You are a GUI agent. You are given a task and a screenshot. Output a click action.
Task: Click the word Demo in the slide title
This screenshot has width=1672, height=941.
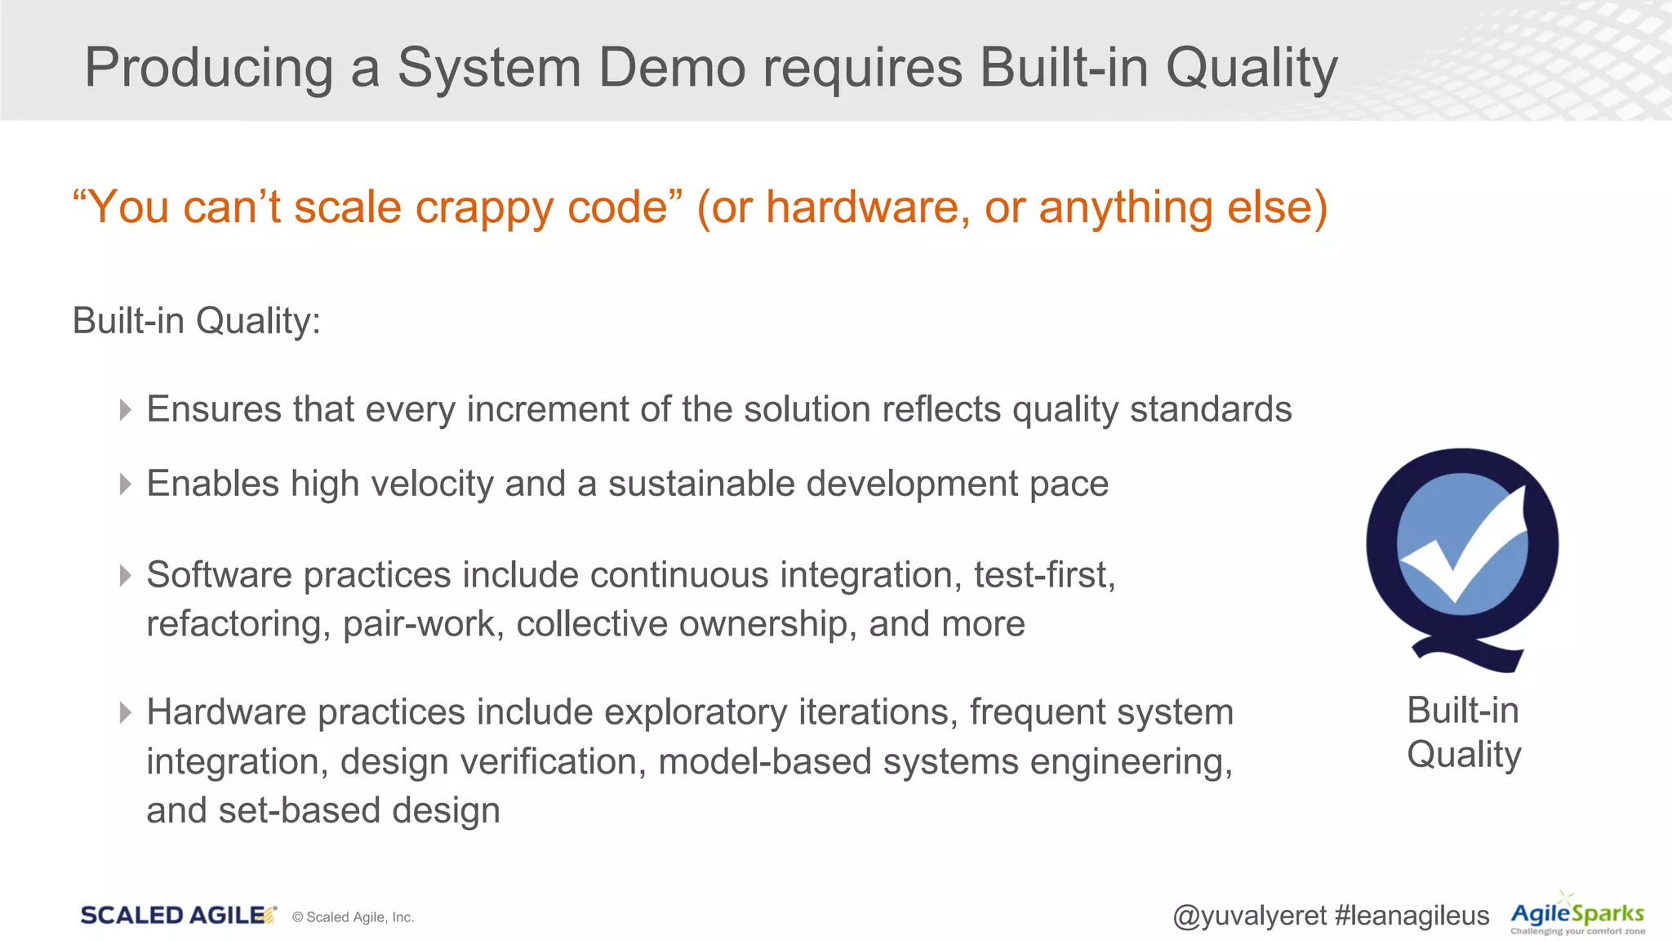tap(671, 67)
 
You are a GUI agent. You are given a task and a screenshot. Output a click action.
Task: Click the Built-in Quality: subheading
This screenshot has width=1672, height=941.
tap(196, 320)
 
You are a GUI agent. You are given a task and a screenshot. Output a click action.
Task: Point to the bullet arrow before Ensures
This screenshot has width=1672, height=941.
tap(125, 409)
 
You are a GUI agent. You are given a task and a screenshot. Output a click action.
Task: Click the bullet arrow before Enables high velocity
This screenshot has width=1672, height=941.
tap(125, 484)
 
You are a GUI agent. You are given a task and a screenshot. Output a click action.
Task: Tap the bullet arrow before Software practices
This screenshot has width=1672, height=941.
tap(125, 576)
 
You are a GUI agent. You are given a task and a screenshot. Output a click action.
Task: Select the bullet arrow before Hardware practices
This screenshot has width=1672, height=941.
tap(125, 713)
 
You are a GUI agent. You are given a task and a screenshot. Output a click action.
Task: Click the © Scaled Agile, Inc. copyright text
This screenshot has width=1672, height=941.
tap(353, 917)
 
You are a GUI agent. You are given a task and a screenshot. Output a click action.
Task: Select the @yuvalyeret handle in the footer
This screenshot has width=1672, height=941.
tap(1249, 916)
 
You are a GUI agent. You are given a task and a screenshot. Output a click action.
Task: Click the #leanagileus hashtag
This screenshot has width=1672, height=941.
tap(1412, 916)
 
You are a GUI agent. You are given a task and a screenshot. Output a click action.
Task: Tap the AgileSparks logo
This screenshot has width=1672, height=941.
tap(1577, 916)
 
